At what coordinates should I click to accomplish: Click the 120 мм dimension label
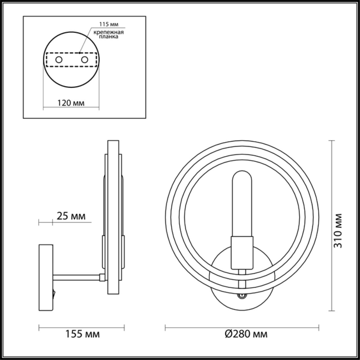coord(71,103)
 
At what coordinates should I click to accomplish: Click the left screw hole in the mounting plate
coord(59,60)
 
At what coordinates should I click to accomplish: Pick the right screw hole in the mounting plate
coord(84,60)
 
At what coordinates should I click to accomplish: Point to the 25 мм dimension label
coord(71,216)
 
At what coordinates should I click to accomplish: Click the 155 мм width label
coord(82,334)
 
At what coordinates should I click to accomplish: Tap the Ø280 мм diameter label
coord(246,334)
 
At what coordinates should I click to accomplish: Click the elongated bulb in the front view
coord(242,202)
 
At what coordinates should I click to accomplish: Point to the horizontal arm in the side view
coord(76,277)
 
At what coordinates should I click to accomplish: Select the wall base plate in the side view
coord(46,277)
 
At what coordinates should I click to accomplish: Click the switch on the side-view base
coord(54,294)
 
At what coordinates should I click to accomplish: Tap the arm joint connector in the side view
coord(102,277)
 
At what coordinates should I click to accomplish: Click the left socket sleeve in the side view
coord(103,252)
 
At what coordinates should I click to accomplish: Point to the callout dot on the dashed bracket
coord(80,52)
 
